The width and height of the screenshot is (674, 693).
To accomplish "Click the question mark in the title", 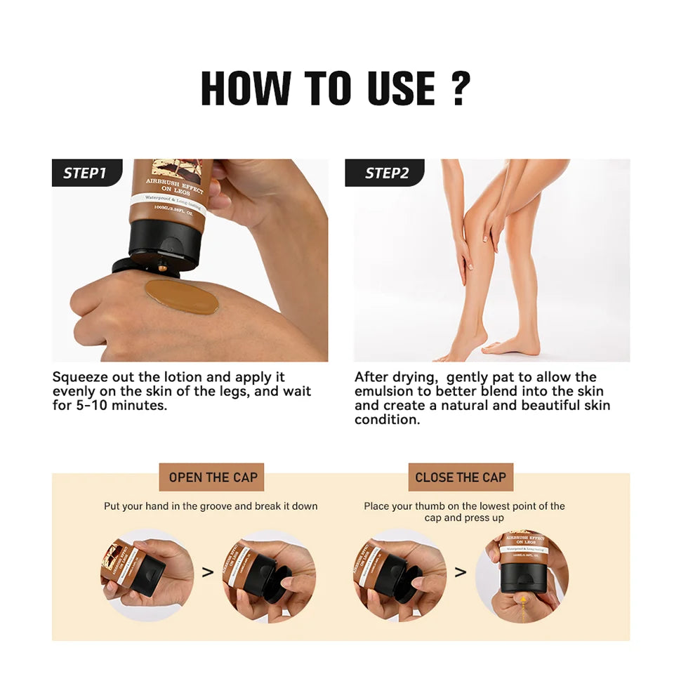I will click(460, 89).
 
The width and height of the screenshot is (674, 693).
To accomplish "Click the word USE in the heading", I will click(401, 89).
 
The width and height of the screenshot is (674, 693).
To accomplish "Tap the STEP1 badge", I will click(85, 173).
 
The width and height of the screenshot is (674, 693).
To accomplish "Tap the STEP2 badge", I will click(386, 173).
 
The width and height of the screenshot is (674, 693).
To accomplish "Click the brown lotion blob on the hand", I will click(181, 296).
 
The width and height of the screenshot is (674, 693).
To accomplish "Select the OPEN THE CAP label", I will click(213, 477).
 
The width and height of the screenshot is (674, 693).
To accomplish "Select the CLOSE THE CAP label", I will click(461, 477).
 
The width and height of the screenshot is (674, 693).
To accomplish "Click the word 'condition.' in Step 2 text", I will click(387, 420).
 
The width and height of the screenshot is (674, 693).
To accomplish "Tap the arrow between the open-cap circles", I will click(208, 572).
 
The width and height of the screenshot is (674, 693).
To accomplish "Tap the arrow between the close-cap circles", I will click(461, 572).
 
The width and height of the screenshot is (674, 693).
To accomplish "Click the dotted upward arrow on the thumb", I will click(523, 600).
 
